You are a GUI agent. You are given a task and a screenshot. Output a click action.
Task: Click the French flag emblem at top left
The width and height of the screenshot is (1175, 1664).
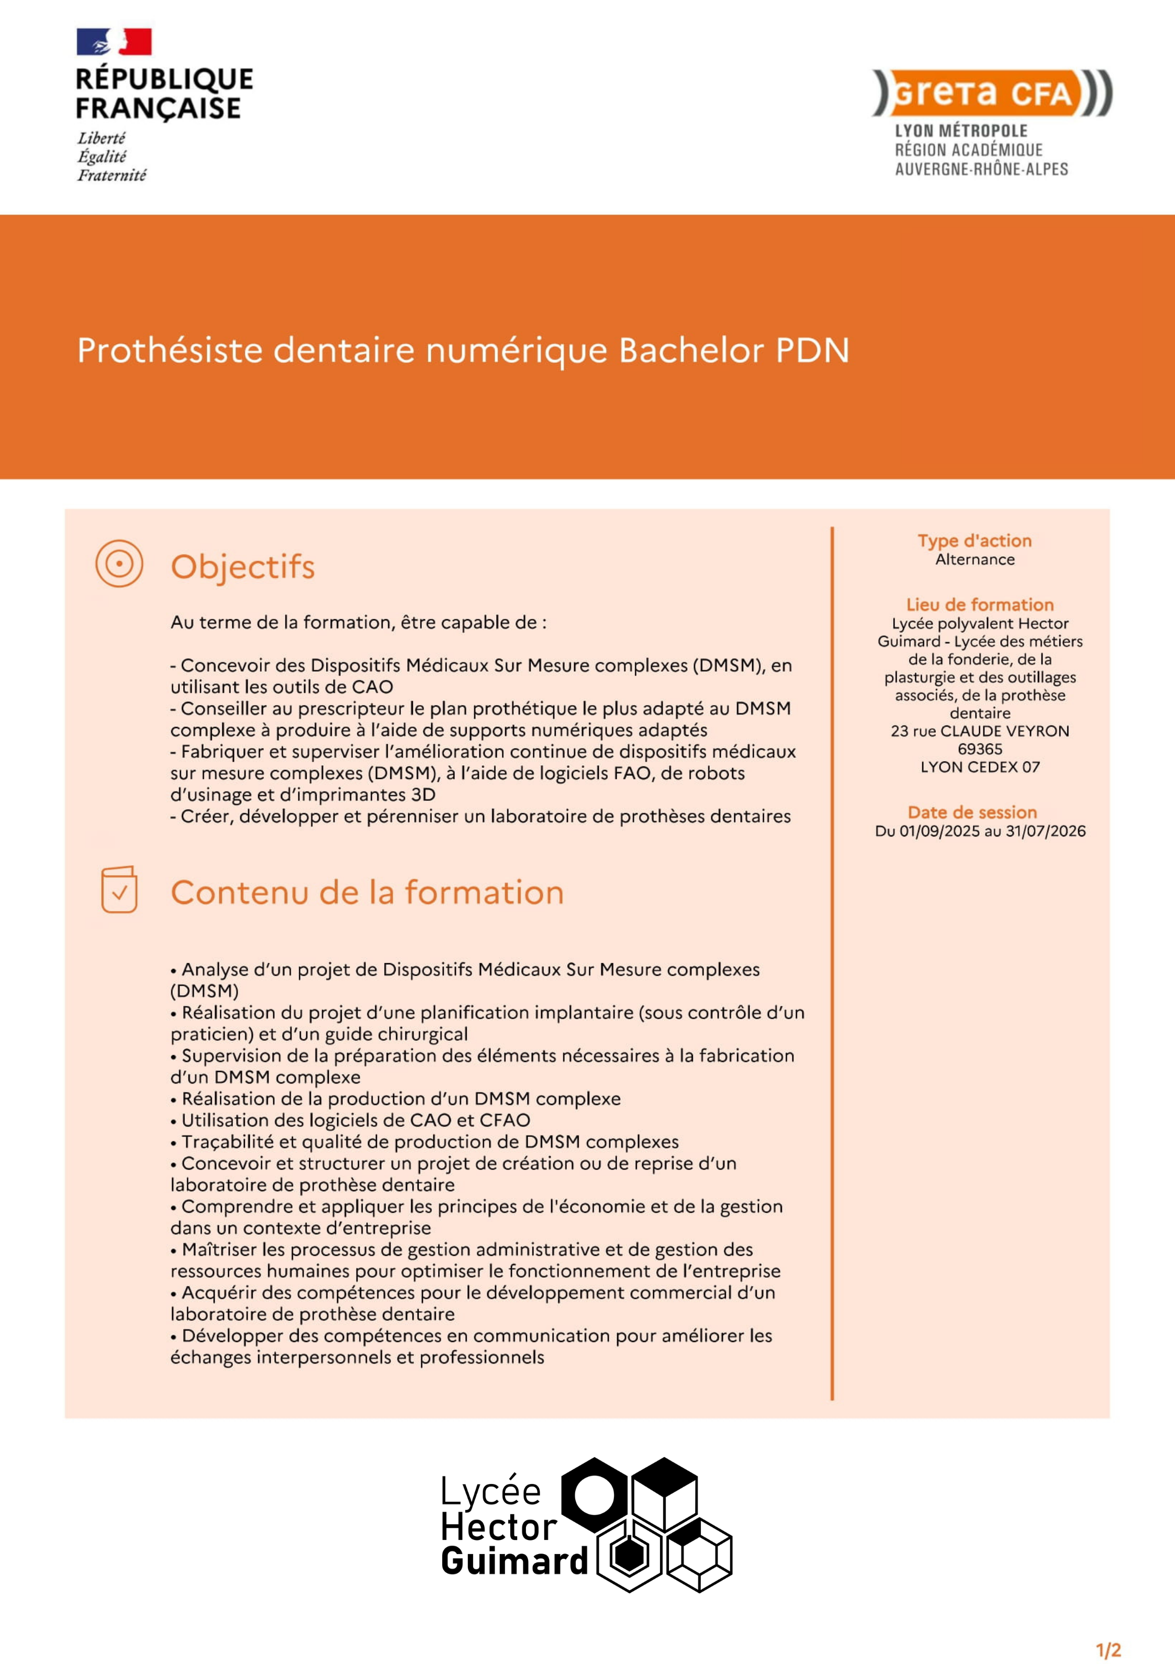point(114,42)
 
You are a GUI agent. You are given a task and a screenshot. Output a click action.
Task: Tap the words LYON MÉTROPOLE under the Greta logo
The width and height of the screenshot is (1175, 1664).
point(960,131)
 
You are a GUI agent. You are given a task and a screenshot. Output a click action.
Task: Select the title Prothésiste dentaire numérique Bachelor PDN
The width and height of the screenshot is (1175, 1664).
point(463,351)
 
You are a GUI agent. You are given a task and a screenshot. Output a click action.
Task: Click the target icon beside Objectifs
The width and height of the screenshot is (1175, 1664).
point(119,563)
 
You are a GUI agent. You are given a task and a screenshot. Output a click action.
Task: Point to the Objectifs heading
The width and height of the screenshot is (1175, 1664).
point(242,567)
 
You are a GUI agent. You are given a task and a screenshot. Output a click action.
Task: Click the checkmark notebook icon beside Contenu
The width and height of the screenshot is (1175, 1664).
point(119,889)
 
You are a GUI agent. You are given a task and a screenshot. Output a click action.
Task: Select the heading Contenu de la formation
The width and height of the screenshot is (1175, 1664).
point(367,892)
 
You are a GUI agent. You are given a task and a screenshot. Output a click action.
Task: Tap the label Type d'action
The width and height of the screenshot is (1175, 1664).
point(974,541)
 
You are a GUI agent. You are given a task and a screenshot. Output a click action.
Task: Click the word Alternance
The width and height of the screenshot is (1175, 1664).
point(974,560)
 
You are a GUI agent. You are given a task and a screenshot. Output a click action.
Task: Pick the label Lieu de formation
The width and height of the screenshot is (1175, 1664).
point(979,605)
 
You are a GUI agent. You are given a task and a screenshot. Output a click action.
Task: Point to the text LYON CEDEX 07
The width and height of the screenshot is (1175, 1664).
point(979,767)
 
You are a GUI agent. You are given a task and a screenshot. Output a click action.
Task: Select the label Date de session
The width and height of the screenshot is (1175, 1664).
point(972,812)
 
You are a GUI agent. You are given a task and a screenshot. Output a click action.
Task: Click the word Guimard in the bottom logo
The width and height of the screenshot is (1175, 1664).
point(514,1560)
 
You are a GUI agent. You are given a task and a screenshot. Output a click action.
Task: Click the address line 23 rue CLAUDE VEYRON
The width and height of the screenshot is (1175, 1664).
point(979,731)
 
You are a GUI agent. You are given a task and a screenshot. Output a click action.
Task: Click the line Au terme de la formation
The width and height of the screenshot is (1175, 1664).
point(358,622)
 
